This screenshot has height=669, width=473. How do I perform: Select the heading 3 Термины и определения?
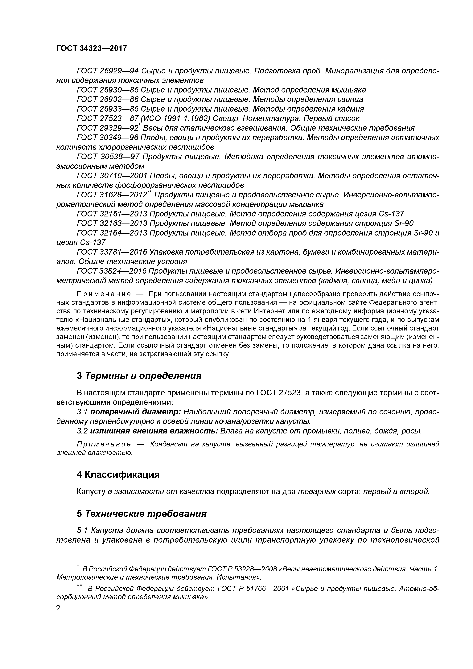(x=139, y=376)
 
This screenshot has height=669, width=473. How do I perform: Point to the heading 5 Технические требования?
(x=142, y=513)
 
